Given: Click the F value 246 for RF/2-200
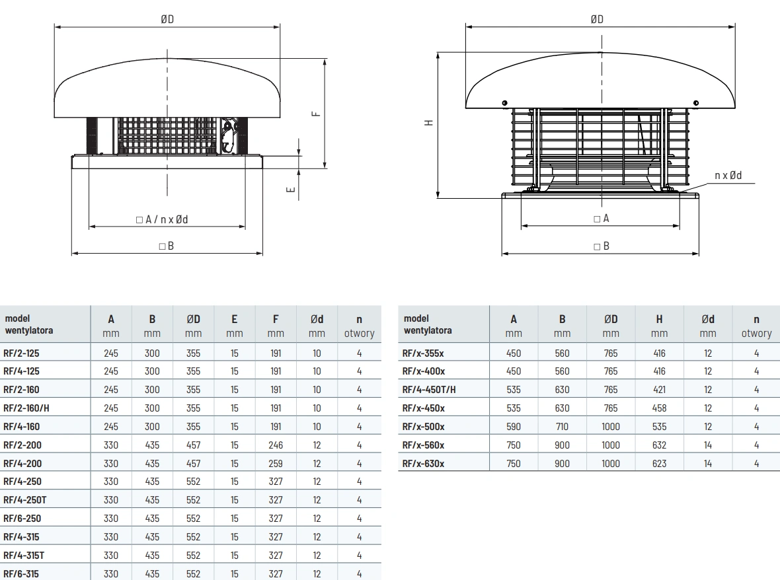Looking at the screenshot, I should [276, 445].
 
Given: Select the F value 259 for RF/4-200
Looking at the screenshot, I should [276, 464].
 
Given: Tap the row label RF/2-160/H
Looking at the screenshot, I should [26, 408].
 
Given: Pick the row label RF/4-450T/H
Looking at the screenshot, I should [429, 390].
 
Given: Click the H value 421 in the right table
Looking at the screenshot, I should [659, 390].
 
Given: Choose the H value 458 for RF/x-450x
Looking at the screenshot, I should [659, 408].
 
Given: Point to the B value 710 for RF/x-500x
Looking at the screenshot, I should [562, 427].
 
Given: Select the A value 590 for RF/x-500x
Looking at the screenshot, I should [514, 427].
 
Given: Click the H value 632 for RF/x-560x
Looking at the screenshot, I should [659, 445].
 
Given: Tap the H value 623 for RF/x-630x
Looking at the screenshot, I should [659, 464].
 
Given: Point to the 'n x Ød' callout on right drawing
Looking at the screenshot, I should [728, 175].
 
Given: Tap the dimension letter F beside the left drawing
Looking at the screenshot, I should [316, 114].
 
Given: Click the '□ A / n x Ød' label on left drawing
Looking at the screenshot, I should [167, 219].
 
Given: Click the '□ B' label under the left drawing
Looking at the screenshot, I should [167, 246].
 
